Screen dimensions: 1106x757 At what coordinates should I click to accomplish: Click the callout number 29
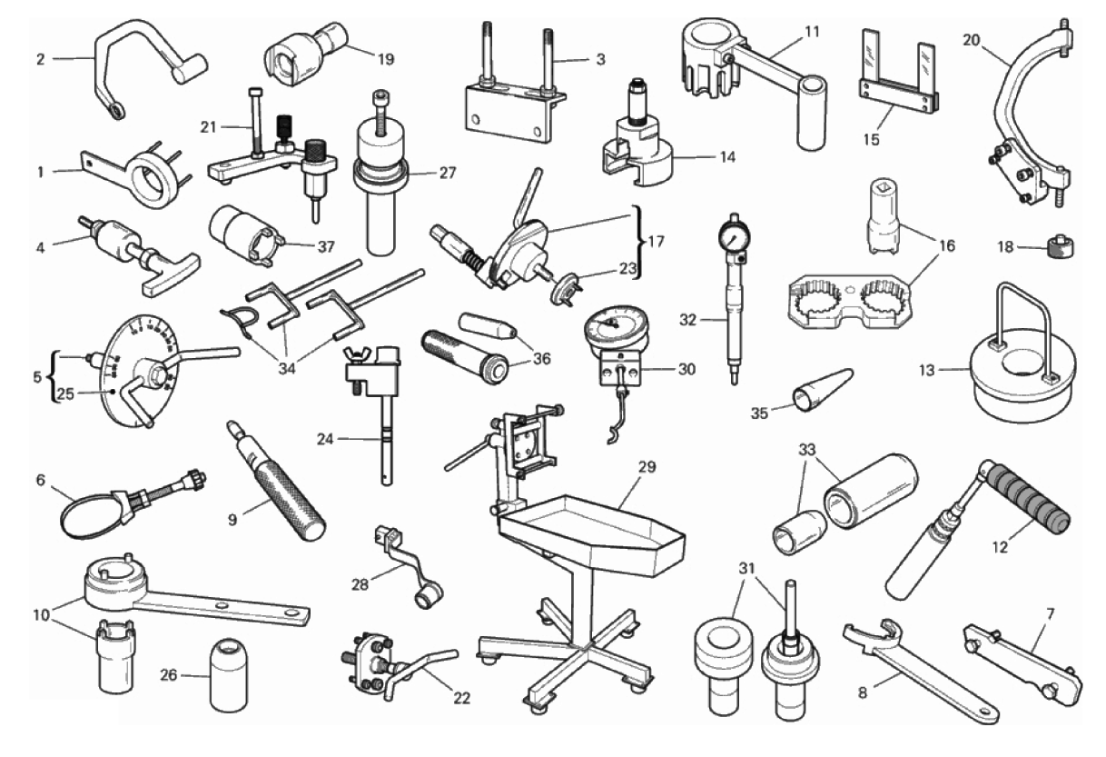pos(647,466)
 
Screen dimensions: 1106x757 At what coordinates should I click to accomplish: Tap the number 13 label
pos(927,370)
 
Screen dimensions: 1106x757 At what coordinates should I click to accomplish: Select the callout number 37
pos(326,246)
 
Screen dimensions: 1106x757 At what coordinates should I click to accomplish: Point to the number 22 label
pos(461,698)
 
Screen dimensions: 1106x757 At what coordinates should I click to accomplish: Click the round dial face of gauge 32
pos(736,236)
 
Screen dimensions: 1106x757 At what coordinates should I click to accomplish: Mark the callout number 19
pos(386,59)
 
